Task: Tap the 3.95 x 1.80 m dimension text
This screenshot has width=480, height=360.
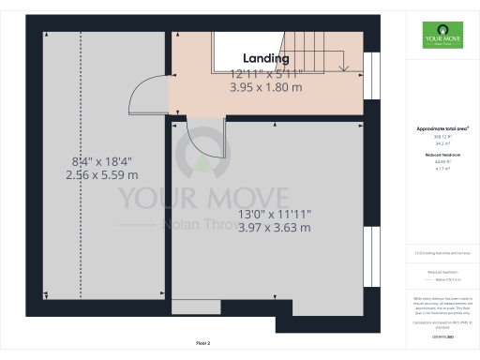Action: tap(265, 87)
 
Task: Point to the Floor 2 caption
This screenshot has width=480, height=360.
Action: tap(203, 344)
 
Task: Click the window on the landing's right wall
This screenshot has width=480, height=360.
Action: tap(370, 73)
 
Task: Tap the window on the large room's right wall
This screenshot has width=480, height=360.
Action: tap(370, 254)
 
